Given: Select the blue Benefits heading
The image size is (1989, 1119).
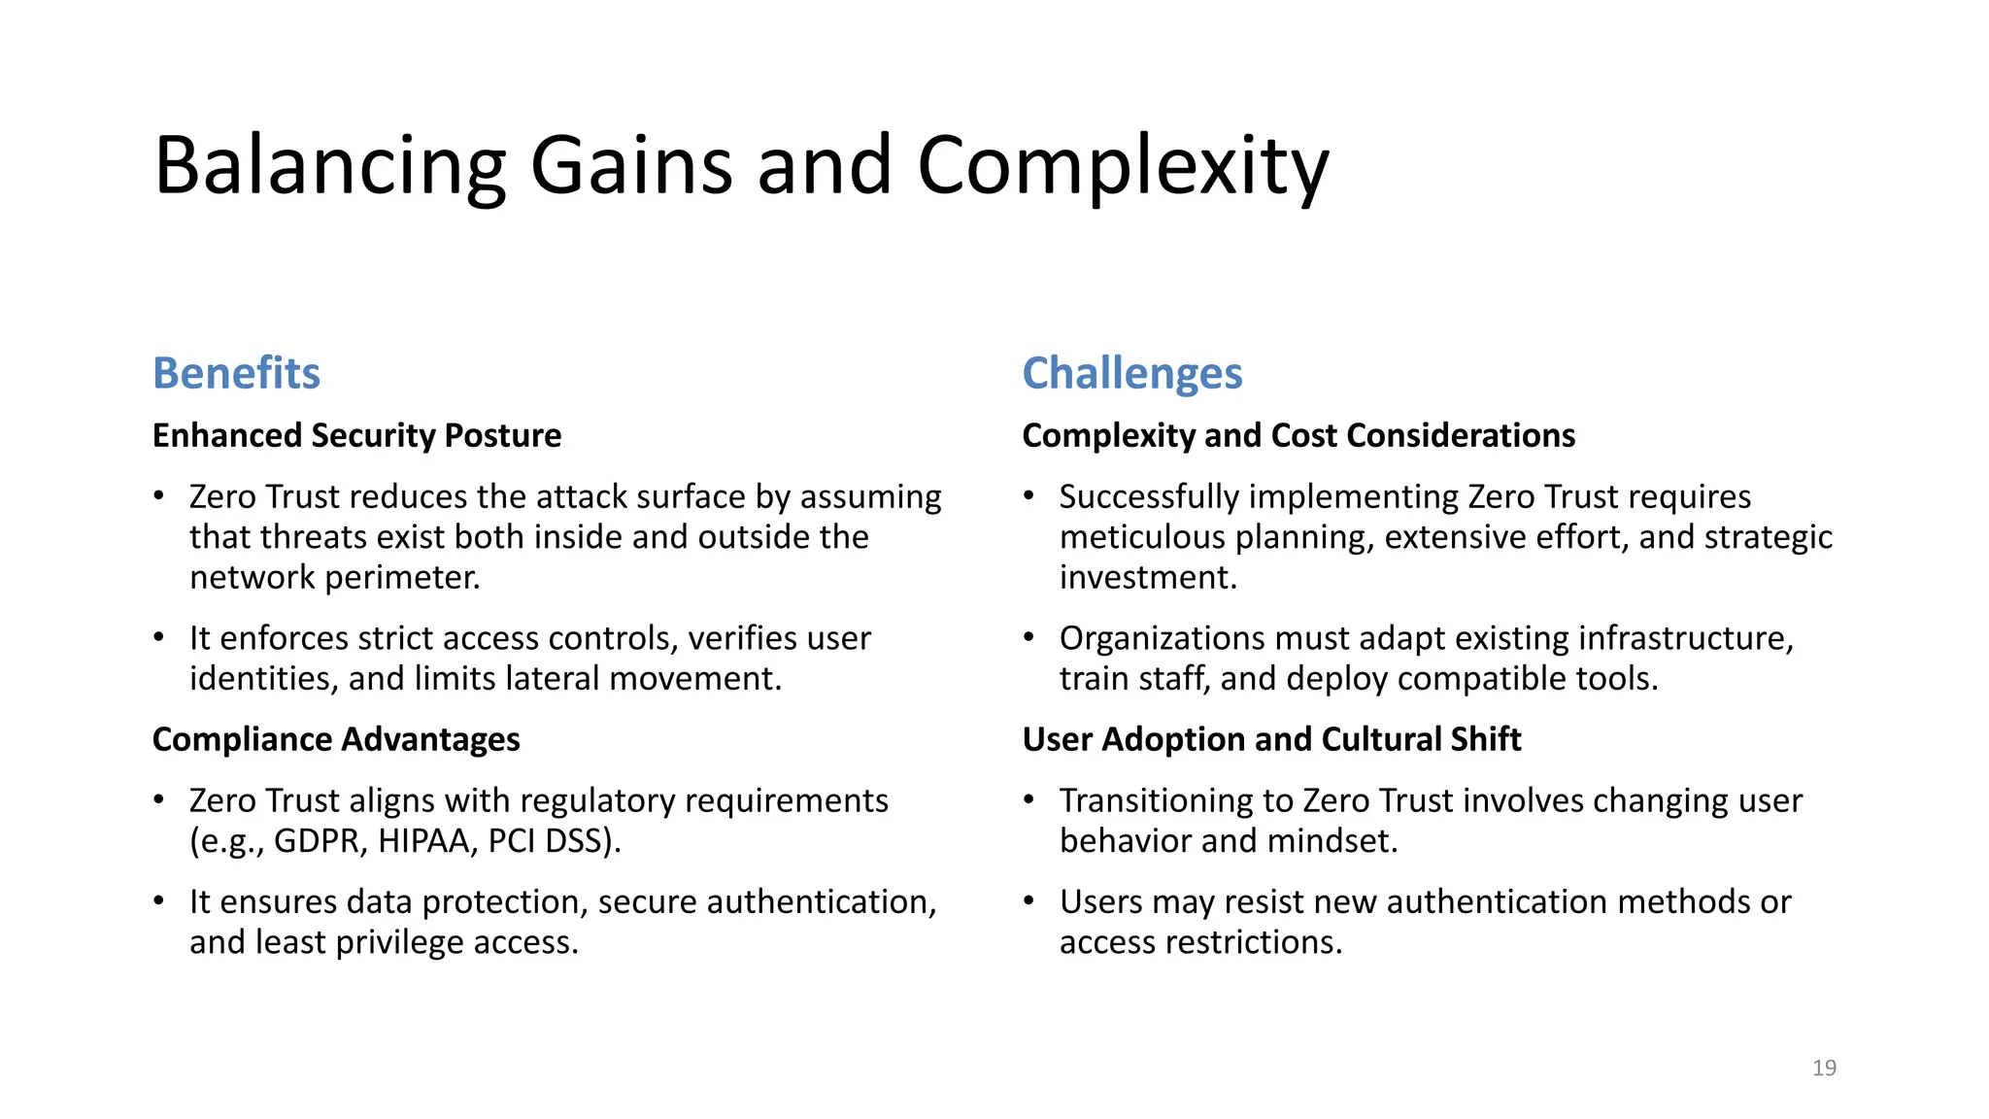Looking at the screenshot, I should pyautogui.click(x=236, y=373).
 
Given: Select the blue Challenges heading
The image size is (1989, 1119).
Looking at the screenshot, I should pyautogui.click(x=1132, y=373).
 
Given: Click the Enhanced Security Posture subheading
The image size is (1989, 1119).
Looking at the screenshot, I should pyautogui.click(x=356, y=435).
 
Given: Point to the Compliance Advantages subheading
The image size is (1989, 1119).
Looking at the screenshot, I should pyautogui.click(x=336, y=739).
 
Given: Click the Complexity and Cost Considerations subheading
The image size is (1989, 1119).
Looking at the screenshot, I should pyautogui.click(x=1298, y=435).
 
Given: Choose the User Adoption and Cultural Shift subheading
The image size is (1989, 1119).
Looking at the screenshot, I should pyautogui.click(x=1271, y=739).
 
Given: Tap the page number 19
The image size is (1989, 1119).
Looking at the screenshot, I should pyautogui.click(x=1824, y=1068).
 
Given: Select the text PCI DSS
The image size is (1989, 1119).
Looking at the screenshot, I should pyautogui.click(x=550, y=841).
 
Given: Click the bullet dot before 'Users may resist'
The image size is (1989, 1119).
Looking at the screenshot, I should pyautogui.click(x=1028, y=901).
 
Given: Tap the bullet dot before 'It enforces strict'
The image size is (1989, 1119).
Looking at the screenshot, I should pyautogui.click(x=158, y=638).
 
